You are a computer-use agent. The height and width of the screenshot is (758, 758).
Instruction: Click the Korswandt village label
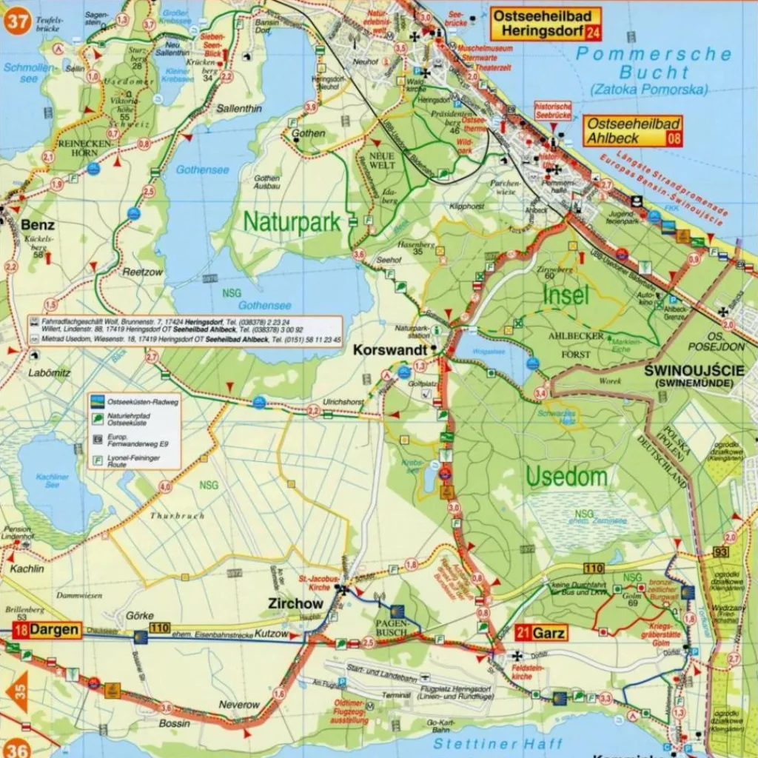(x=391, y=348)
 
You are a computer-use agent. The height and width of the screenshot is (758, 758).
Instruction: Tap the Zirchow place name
(x=295, y=604)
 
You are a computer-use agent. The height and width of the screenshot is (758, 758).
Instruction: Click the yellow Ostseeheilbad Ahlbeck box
(x=632, y=131)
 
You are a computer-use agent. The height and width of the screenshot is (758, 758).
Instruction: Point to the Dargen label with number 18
(x=46, y=630)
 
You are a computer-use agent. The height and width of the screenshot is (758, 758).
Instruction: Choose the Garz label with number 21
(x=540, y=633)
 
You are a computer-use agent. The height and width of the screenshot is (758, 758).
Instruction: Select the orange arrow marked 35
(x=17, y=691)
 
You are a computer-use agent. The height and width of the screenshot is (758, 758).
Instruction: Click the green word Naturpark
(x=292, y=221)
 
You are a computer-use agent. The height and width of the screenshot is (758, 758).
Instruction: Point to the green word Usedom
(x=566, y=477)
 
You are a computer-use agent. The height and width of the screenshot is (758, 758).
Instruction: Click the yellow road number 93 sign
(x=722, y=552)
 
